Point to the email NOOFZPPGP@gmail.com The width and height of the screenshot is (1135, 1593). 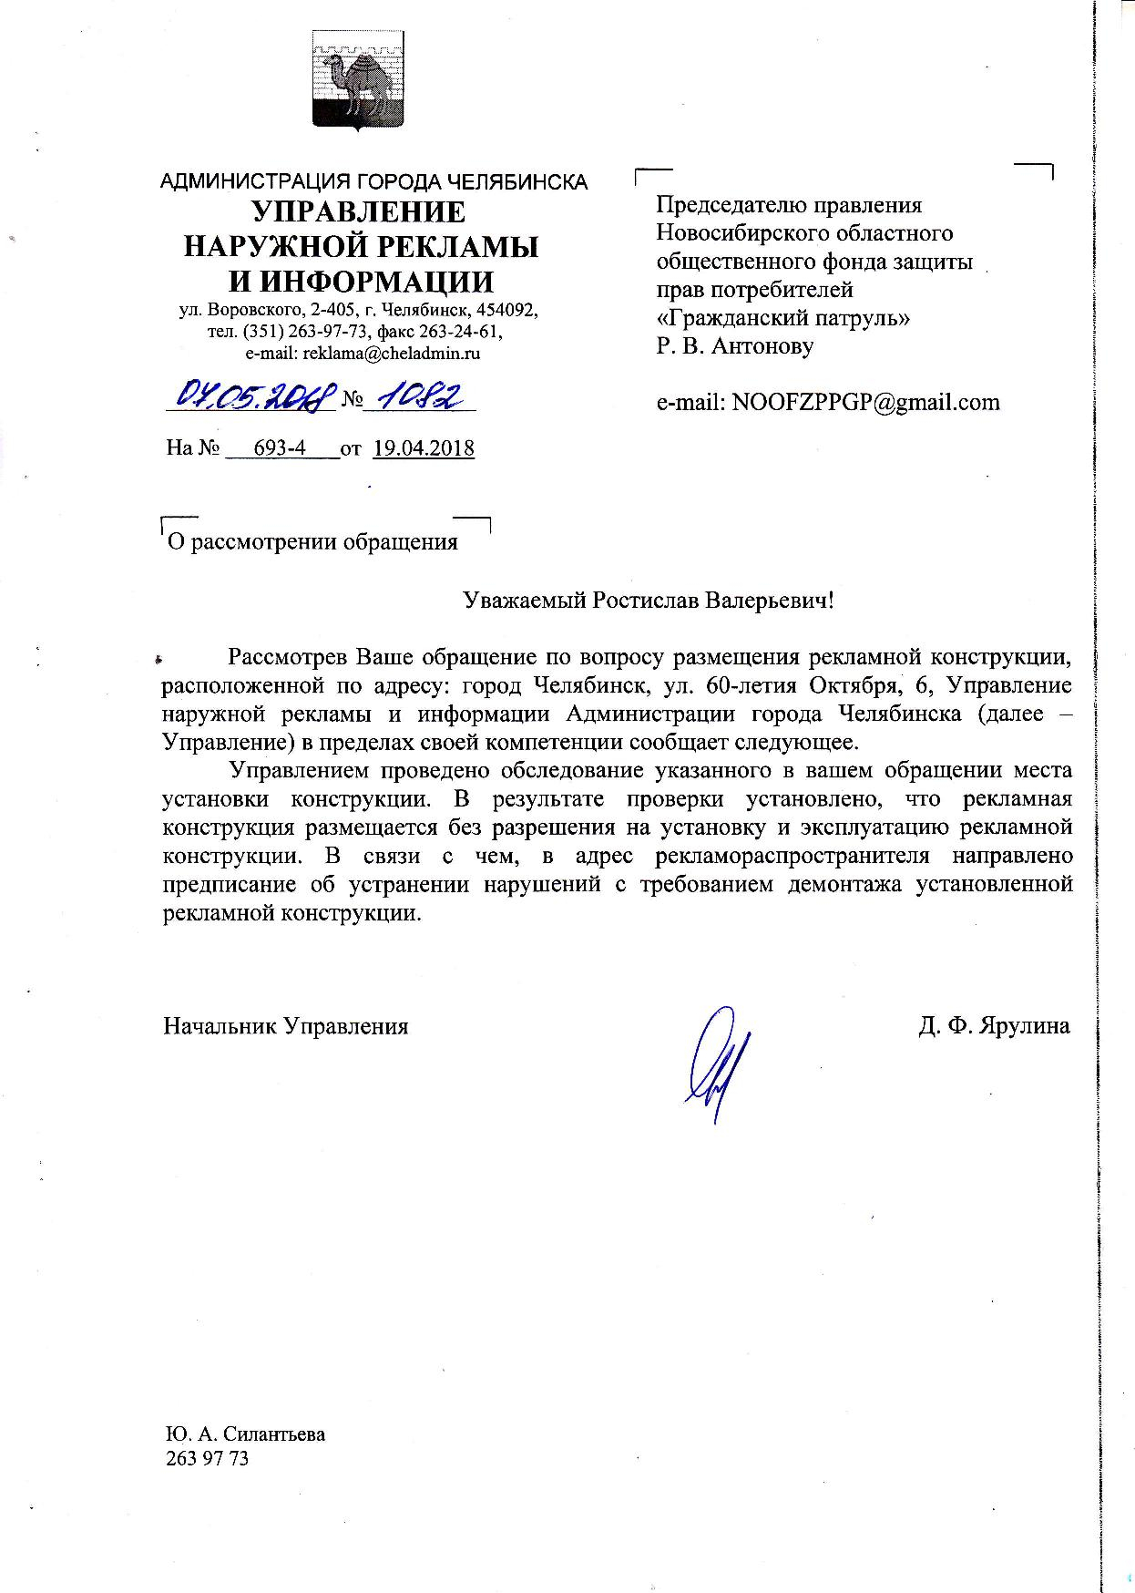828,402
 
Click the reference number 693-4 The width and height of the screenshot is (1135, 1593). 281,448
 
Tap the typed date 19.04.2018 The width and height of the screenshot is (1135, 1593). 424,448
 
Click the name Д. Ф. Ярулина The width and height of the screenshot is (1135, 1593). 994,1026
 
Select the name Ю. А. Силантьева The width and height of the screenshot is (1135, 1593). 245,1434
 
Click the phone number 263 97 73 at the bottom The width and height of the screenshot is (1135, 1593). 207,1458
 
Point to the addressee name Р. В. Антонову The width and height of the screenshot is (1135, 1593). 734,346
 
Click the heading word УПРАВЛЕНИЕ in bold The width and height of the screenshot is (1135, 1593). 358,211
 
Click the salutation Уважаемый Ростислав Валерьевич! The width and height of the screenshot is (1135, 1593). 649,601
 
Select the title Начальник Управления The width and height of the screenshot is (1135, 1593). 285,1026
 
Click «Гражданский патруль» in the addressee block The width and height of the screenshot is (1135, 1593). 783,318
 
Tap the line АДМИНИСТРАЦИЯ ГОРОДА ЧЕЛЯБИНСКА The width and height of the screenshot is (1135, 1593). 373,181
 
